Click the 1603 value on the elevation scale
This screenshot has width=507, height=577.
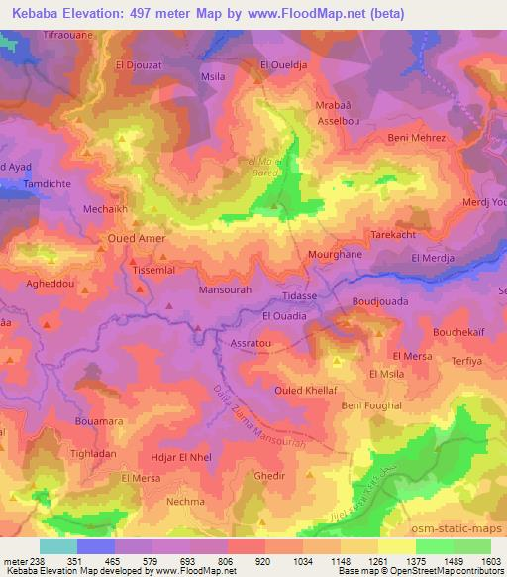pyautogui.click(x=492, y=560)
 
